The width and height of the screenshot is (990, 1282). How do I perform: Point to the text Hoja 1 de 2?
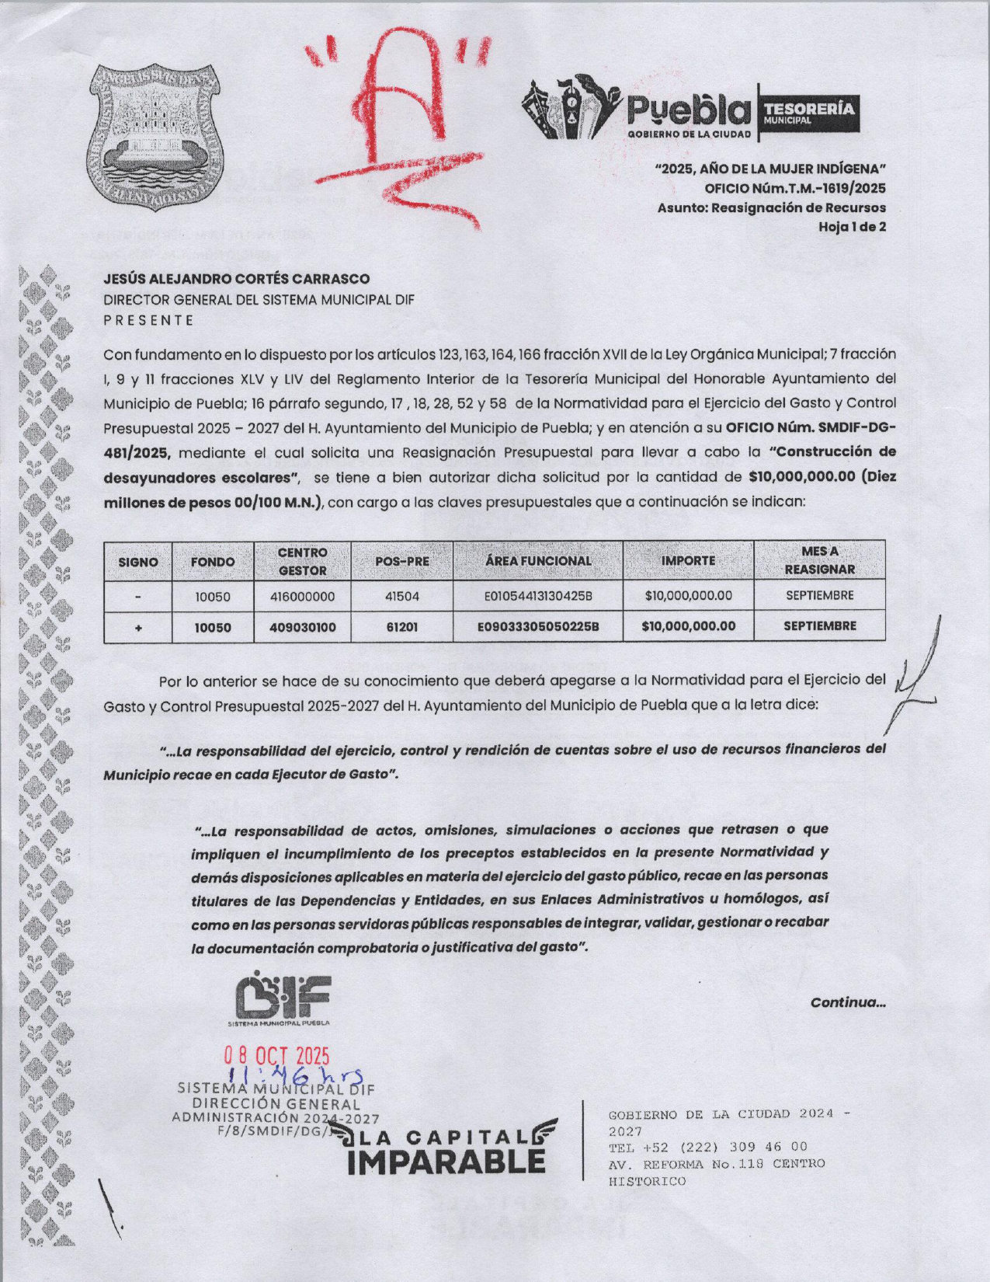[852, 227]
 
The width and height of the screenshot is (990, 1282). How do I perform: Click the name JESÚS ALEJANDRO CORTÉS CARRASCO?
[237, 279]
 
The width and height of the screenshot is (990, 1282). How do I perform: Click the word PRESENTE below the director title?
[148, 320]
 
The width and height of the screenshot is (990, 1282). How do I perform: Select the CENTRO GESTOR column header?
[302, 561]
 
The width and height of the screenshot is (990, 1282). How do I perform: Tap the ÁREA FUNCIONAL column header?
[537, 561]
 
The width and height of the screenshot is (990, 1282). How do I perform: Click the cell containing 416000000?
[302, 597]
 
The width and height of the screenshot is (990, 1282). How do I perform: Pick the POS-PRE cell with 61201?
[401, 626]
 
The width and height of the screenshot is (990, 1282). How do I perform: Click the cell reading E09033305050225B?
[537, 626]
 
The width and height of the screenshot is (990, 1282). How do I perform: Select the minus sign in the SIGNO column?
[137, 597]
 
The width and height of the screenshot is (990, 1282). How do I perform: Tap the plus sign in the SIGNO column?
[137, 626]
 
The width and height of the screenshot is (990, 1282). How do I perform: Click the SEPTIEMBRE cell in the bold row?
[819, 625]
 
